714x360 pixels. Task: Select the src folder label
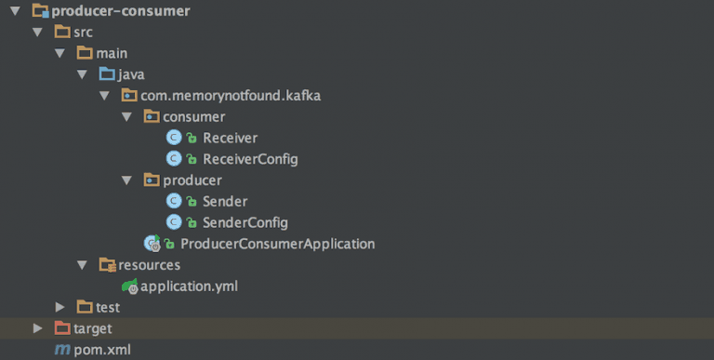point(83,33)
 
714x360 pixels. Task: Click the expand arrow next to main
point(59,54)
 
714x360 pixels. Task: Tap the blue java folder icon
point(107,74)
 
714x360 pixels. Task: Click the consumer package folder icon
point(151,117)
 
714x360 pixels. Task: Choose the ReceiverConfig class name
point(250,159)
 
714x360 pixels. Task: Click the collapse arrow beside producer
point(126,180)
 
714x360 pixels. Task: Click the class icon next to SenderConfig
point(174,223)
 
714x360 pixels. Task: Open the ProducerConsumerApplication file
point(277,244)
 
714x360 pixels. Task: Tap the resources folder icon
point(107,265)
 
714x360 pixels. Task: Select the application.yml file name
point(189,287)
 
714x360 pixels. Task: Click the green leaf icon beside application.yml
point(129,287)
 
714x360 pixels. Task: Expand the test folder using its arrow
point(59,307)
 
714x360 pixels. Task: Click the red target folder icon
point(62,328)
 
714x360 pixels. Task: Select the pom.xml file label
point(102,350)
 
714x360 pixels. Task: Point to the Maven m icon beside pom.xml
point(62,350)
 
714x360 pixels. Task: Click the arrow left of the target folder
point(37,328)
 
